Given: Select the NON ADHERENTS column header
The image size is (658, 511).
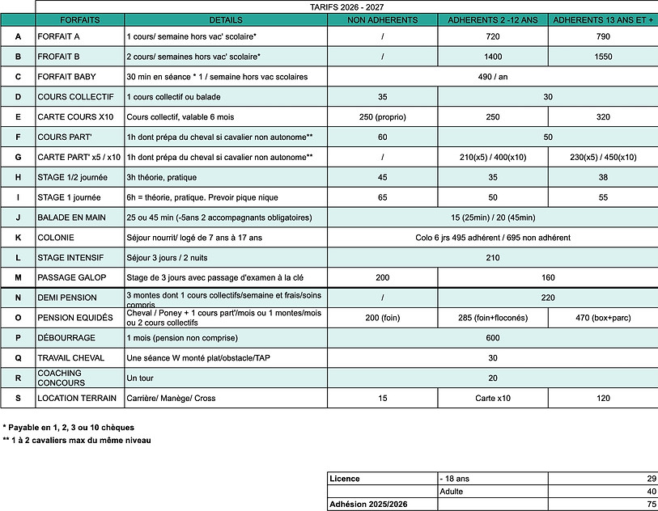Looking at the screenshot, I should click(x=382, y=19).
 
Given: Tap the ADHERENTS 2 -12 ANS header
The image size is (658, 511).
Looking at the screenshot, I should click(x=493, y=19).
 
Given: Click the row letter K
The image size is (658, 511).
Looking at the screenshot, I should click(x=18, y=238).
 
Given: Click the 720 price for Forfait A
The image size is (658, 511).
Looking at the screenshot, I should click(x=493, y=37).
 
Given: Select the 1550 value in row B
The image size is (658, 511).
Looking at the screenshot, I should click(x=603, y=57).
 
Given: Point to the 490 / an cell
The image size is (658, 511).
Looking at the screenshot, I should click(x=492, y=78).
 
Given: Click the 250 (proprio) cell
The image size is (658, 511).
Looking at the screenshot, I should click(x=382, y=117).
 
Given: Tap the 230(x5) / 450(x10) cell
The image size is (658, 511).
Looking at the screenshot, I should click(x=603, y=157).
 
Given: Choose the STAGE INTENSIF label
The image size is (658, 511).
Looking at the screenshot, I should click(x=73, y=258).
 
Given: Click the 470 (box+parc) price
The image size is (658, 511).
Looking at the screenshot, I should click(x=603, y=318).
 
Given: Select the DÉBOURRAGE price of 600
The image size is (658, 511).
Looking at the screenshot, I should click(x=492, y=338).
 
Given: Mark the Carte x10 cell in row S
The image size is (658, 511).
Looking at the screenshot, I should click(x=493, y=398).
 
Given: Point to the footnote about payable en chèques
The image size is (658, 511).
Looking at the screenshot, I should click(x=68, y=427).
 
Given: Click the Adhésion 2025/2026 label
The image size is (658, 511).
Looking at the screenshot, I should click(x=367, y=504).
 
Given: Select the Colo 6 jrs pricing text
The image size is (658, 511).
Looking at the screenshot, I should click(x=492, y=238).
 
